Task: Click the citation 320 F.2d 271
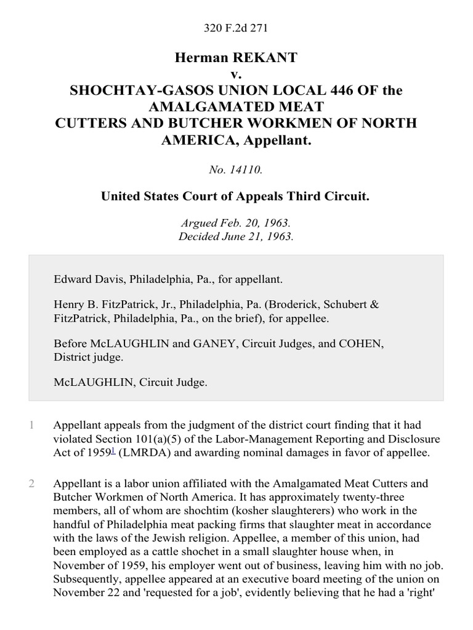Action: point(236,28)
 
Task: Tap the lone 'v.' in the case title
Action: point(236,74)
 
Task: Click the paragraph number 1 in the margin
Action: point(31,425)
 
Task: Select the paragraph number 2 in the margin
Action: point(31,484)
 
